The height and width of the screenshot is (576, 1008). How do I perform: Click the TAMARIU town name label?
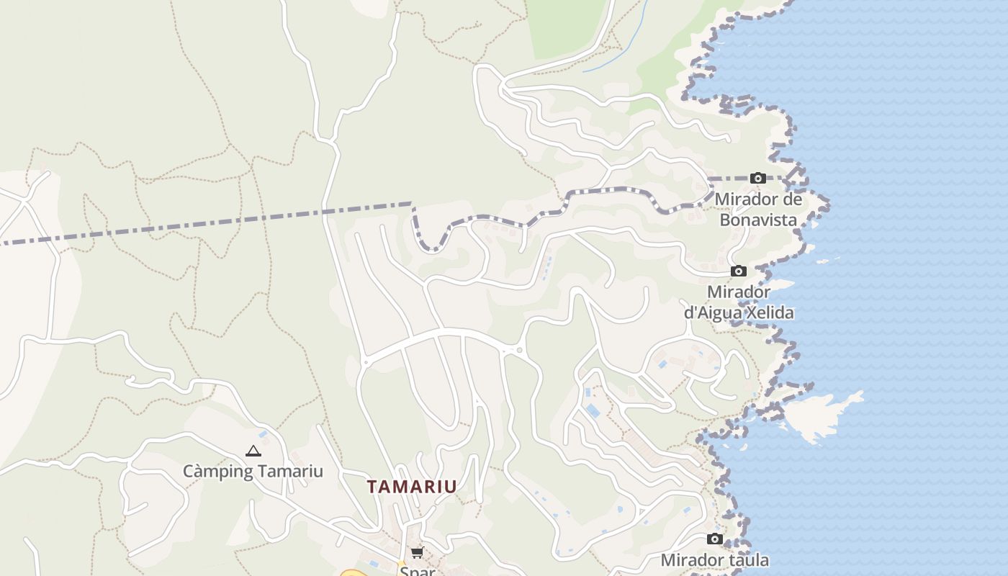(412, 487)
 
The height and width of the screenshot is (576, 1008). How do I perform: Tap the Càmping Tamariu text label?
(253, 472)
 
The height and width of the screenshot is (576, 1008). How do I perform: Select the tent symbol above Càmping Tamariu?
(253, 451)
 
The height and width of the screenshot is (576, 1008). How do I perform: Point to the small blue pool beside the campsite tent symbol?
(263, 434)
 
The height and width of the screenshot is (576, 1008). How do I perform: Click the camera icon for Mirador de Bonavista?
(757, 178)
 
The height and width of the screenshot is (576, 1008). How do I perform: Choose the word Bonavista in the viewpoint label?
(759, 220)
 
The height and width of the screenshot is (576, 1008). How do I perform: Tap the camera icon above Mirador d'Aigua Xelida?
(738, 271)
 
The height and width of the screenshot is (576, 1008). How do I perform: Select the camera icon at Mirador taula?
(714, 539)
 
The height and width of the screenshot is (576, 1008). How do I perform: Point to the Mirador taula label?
(714, 559)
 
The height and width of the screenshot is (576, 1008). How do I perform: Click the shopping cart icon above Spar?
(417, 552)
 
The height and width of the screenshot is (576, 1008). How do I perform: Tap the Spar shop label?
(417, 570)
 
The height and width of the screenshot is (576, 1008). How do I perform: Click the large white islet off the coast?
(821, 415)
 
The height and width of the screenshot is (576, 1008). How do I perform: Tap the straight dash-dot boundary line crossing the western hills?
(216, 222)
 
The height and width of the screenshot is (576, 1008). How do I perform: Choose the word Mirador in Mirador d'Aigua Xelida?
(739, 292)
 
